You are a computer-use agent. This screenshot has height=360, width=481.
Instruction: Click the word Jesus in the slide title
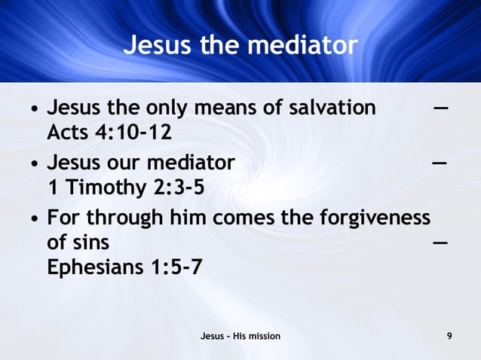click(x=156, y=46)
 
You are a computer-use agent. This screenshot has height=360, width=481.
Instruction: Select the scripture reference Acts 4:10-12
click(x=109, y=133)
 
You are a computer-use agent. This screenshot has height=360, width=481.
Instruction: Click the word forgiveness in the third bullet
click(x=380, y=218)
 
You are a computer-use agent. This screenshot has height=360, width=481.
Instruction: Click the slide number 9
click(x=449, y=336)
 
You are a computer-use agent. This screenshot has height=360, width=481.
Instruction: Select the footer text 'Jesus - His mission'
click(x=240, y=336)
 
